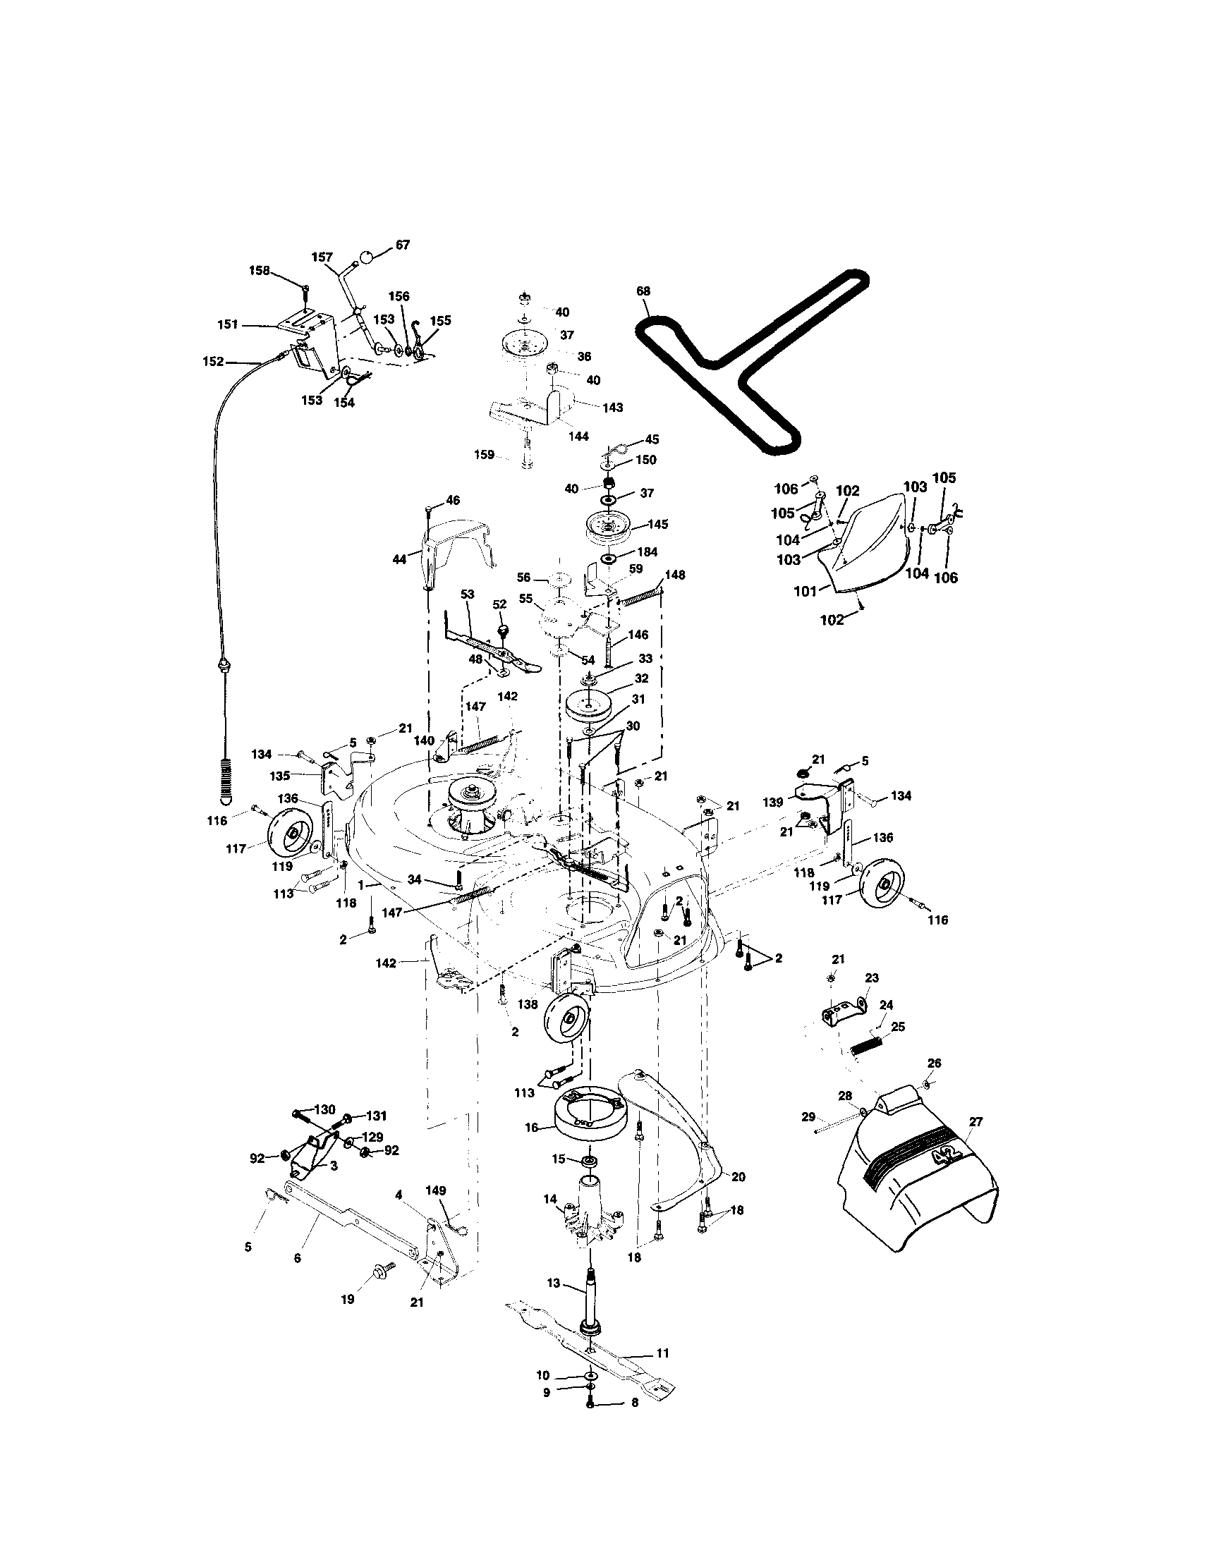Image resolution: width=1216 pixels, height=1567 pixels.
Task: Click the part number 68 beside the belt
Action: pyautogui.click(x=643, y=291)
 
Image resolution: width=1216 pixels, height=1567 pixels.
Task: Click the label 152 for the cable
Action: pyautogui.click(x=213, y=362)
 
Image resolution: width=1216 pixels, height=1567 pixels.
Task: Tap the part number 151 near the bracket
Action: pyautogui.click(x=227, y=324)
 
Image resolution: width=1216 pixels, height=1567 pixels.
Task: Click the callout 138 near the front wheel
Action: pyautogui.click(x=528, y=1004)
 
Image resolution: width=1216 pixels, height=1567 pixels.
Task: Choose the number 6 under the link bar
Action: pyautogui.click(x=297, y=1258)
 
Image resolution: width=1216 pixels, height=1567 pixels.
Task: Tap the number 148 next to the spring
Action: pyautogui.click(x=674, y=575)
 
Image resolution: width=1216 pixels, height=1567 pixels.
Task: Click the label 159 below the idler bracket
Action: pyautogui.click(x=485, y=454)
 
